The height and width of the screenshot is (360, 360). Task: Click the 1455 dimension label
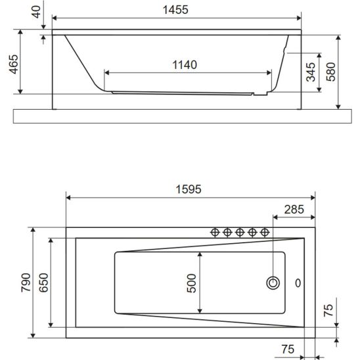175,10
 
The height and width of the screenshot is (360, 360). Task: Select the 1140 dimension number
185,65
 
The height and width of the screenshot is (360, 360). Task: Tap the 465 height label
14,64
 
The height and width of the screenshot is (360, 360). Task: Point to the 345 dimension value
311,72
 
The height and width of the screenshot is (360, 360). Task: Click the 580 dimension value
331,72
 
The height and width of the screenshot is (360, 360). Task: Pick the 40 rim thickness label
36,12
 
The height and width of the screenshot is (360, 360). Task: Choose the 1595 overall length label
189,189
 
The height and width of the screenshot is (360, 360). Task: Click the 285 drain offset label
294,210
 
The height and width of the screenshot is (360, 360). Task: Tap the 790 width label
26,282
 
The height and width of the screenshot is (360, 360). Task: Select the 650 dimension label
43,282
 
